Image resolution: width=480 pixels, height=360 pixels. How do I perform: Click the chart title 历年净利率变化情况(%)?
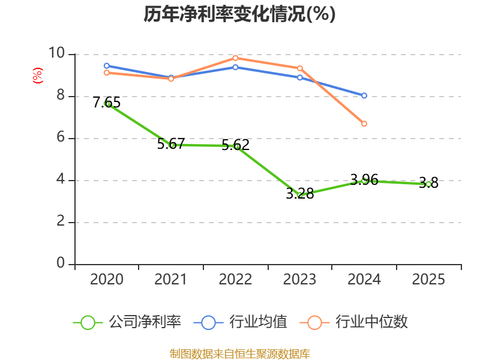click(x=239, y=14)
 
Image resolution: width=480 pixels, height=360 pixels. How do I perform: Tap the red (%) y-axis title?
click(x=38, y=76)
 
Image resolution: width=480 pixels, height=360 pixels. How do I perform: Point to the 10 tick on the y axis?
click(x=56, y=53)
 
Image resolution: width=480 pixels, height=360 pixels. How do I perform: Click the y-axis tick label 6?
click(x=61, y=137)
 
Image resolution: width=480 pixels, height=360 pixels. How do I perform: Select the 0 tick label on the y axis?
click(x=61, y=263)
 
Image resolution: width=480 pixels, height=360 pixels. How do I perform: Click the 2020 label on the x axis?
click(x=107, y=279)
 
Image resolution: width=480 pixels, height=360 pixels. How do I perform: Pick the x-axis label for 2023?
click(x=299, y=279)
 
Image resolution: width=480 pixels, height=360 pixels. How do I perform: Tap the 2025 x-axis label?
click(x=428, y=279)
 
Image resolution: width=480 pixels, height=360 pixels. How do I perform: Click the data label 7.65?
click(x=107, y=102)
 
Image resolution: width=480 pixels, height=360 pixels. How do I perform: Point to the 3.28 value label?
click(x=299, y=193)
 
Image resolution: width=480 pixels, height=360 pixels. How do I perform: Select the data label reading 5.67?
click(x=171, y=143)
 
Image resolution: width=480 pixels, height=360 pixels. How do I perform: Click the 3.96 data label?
click(x=364, y=179)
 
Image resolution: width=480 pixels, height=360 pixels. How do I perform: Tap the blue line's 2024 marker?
click(x=364, y=95)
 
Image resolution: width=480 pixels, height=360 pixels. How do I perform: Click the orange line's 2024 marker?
click(x=364, y=124)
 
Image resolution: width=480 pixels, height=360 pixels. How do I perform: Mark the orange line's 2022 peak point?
click(x=235, y=58)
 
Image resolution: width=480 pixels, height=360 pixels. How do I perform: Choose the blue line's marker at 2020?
click(x=107, y=66)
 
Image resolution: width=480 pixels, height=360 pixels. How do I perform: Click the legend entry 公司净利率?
click(x=127, y=322)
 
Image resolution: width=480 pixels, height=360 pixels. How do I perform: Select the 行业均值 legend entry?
click(x=241, y=322)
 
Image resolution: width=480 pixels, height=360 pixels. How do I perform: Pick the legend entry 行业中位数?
click(x=353, y=322)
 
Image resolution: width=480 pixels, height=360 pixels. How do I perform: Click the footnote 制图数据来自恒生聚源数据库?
click(x=239, y=354)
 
